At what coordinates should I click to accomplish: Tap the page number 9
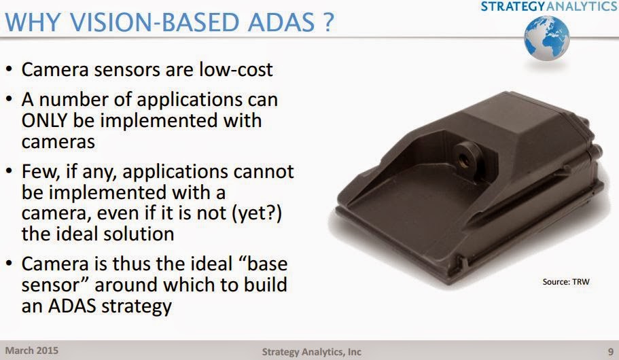point(609,351)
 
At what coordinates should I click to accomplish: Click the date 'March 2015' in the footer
point(32,351)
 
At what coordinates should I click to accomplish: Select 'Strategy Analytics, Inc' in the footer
point(311,352)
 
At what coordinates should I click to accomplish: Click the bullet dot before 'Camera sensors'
point(9,70)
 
